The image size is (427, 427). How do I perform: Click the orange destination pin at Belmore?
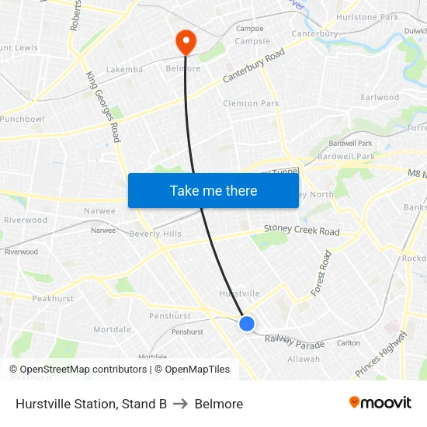[x=186, y=41]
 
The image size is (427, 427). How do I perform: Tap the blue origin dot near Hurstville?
[x=247, y=324]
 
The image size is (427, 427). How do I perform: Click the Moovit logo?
[x=380, y=403]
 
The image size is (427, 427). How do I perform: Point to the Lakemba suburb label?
[x=124, y=69]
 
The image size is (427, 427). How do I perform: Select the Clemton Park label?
[x=251, y=103]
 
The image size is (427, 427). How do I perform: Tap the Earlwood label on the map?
[x=380, y=98]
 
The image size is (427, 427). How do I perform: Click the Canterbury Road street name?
[x=254, y=67]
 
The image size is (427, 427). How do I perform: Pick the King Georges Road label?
[x=103, y=106]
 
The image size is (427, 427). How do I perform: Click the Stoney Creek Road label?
[x=301, y=231]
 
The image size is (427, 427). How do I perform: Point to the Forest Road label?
[x=321, y=273]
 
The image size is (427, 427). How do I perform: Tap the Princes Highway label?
[x=381, y=355]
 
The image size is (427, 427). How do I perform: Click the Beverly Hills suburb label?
[x=155, y=234]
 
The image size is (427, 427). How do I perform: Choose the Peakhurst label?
[x=53, y=298]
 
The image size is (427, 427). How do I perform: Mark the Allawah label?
[x=304, y=359]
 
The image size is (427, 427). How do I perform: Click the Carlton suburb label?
[x=349, y=342]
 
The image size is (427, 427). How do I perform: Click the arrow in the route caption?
[x=181, y=404]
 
